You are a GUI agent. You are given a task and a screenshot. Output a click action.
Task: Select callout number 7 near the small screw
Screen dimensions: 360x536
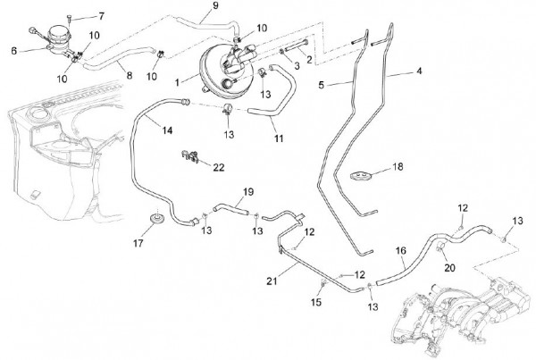[101, 16]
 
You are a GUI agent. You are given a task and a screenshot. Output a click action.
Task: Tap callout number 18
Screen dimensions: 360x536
[398, 167]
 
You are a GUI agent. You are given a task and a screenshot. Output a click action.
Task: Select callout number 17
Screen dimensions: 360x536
[137, 242]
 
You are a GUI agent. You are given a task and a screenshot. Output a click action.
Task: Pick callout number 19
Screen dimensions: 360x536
[249, 192]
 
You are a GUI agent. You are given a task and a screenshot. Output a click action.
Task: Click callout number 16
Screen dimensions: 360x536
[399, 252]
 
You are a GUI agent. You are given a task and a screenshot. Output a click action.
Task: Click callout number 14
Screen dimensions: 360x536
[167, 132]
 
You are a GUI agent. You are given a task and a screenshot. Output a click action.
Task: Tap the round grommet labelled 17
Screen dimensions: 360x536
[157, 218]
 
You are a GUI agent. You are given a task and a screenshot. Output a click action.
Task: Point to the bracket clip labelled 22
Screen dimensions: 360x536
[189, 159]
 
